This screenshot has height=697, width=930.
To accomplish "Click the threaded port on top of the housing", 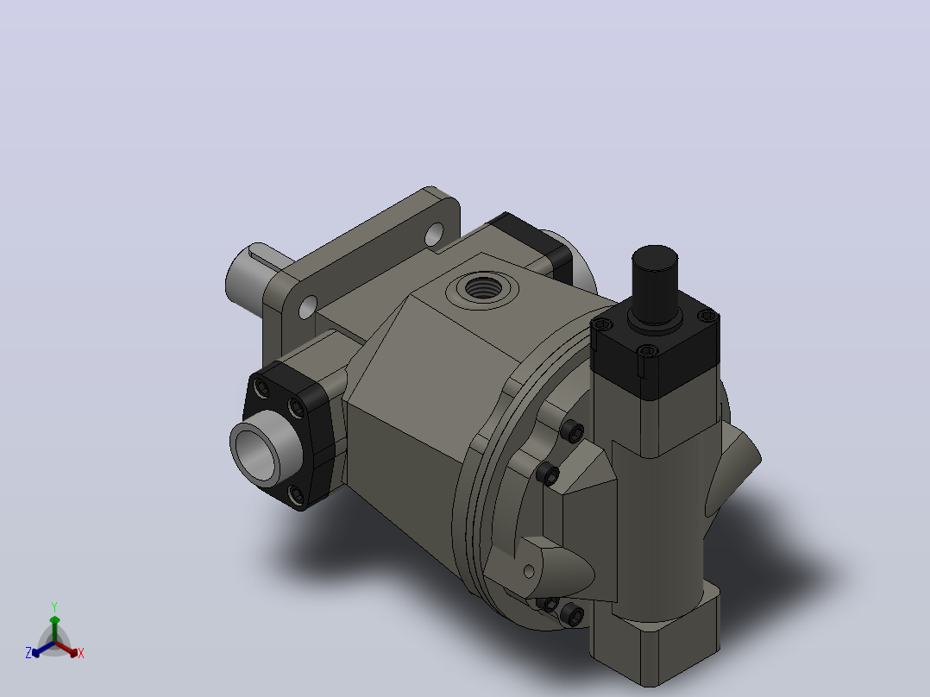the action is [483, 288].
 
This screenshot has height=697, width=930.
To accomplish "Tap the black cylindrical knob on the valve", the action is [655, 284].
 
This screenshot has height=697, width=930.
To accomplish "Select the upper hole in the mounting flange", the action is [434, 235].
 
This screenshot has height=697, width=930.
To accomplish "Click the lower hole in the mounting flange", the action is [308, 307].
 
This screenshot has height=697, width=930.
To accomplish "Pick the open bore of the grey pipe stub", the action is [256, 455].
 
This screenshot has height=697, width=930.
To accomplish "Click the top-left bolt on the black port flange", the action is [261, 389].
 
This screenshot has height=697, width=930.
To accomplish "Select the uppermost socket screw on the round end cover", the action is [572, 431].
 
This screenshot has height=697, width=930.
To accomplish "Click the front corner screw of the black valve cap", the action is [647, 351].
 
